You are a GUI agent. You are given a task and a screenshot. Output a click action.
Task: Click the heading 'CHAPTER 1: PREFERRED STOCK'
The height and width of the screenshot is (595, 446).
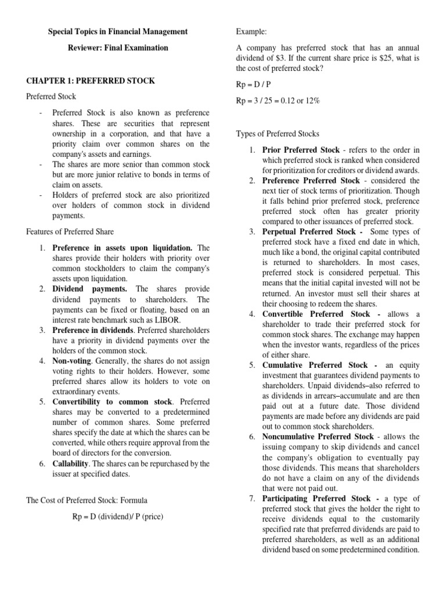point(91,81)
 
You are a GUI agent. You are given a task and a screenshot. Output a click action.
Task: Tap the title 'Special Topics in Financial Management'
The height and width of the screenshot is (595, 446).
point(117,31)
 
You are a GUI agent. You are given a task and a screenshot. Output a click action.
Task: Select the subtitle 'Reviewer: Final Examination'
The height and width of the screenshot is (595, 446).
point(118,48)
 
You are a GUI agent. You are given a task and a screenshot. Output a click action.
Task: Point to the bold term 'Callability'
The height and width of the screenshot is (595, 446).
point(71,464)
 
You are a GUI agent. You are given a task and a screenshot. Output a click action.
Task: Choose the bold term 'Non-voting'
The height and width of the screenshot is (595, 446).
point(72,361)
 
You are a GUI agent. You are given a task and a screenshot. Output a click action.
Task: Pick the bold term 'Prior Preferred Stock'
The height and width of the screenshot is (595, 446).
point(301,150)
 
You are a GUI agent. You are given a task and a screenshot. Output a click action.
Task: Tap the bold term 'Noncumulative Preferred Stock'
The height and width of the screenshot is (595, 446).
point(318,436)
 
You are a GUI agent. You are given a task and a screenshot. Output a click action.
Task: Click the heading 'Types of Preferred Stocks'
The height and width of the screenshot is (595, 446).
point(278,134)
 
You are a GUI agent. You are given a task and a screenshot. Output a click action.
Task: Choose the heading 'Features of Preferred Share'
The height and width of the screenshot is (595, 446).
point(69,231)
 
